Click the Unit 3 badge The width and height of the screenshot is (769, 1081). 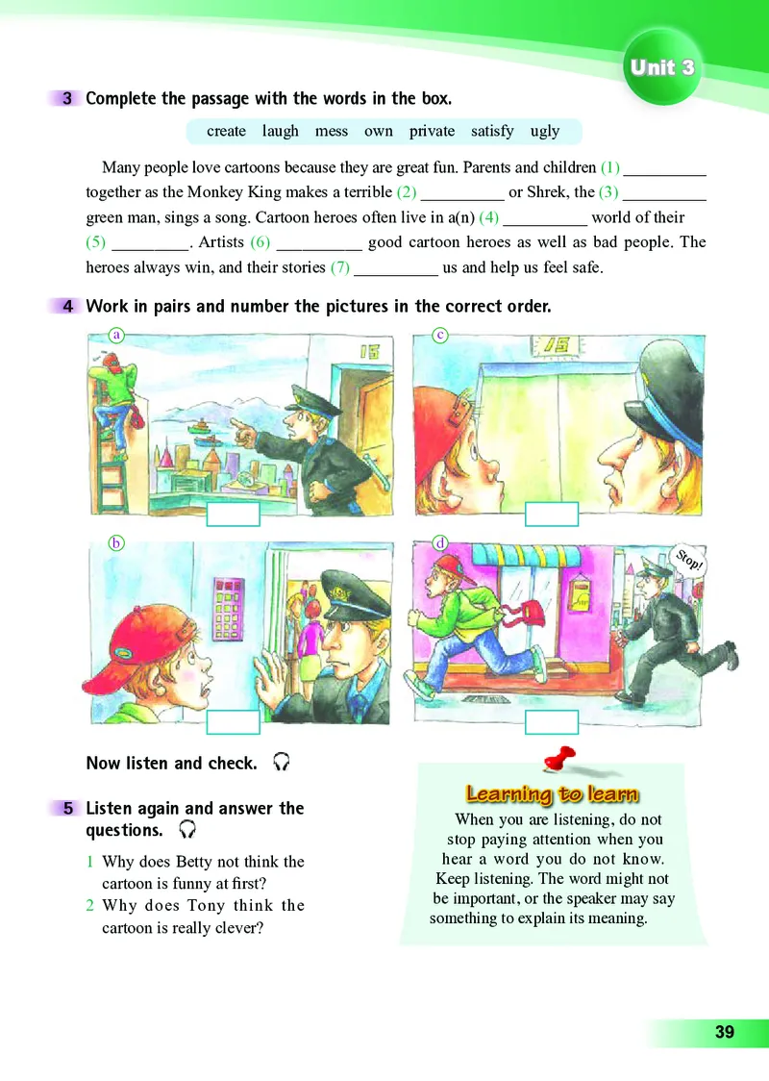(662, 69)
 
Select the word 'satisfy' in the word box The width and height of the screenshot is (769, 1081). (492, 131)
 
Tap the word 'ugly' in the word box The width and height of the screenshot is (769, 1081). (545, 131)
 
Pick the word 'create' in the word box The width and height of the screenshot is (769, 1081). (226, 131)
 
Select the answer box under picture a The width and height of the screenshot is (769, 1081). (234, 515)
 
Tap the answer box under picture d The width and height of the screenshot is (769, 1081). (551, 722)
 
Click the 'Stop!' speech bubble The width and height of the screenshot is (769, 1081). (688, 559)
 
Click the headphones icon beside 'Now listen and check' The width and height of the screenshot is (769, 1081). (282, 763)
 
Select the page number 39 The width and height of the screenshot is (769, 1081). (724, 1033)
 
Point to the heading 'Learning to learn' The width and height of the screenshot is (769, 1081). (553, 793)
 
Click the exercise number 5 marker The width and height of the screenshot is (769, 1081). (67, 809)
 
